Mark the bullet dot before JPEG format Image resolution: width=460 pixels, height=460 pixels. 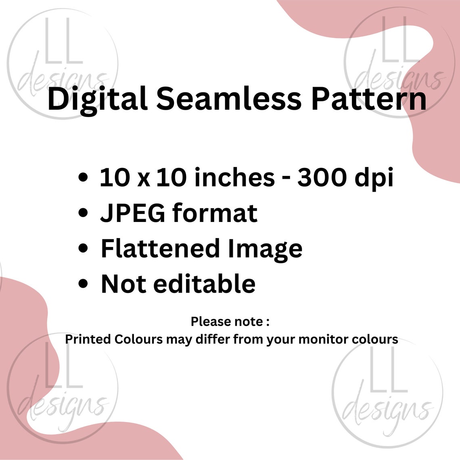point(84,213)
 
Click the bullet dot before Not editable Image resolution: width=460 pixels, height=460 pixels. point(84,284)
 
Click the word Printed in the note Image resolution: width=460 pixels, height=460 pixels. point(88,339)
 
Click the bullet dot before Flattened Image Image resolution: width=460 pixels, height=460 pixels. point(84,248)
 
